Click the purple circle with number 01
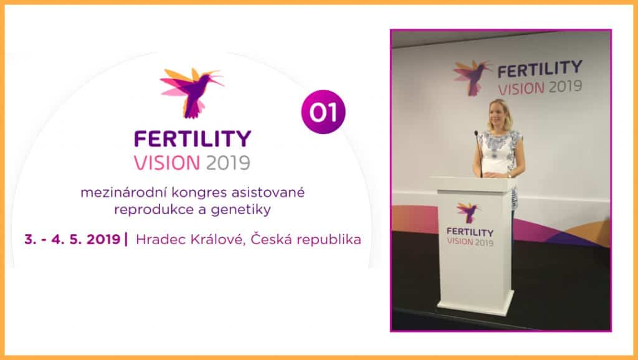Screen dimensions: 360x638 (323, 111)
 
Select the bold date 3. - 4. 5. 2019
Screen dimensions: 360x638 (74, 239)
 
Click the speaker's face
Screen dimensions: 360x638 (499, 115)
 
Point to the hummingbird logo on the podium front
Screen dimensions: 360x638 (468, 211)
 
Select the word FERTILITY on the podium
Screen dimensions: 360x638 (470, 232)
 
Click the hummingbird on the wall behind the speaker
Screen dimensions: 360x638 (472, 75)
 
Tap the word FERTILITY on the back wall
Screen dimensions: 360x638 (540, 68)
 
